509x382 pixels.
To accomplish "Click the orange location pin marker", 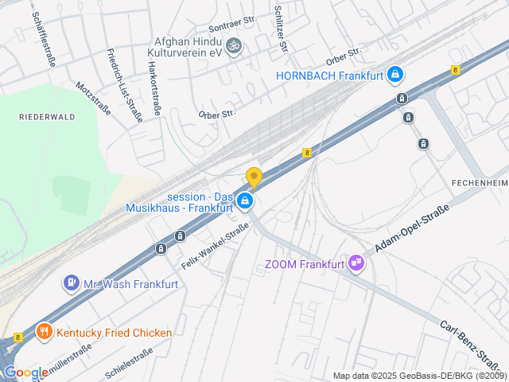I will (254, 178).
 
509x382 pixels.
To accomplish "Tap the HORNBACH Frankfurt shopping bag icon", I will (395, 76).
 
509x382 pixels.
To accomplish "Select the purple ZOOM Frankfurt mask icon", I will (356, 264).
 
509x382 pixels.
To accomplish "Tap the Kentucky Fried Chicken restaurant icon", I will (44, 332).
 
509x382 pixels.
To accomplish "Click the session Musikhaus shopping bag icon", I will (246, 201).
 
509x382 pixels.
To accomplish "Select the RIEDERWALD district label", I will (47, 116).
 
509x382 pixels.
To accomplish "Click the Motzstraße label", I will (93, 98).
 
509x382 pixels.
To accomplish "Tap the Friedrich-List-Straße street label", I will (124, 84).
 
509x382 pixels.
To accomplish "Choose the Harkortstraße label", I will (153, 88).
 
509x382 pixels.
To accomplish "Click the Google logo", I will (25, 372).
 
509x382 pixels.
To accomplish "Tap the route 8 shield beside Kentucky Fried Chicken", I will (18, 337).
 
